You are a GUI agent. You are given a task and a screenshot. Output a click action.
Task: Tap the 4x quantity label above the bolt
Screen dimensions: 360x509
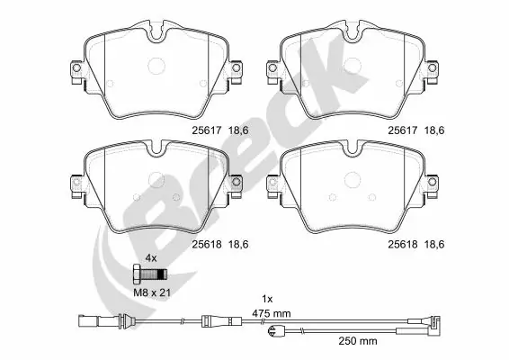(x=151, y=257)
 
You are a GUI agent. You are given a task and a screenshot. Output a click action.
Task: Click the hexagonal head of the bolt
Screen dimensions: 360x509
(x=136, y=272)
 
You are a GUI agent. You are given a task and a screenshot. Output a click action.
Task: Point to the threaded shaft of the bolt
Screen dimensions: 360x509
(x=154, y=272)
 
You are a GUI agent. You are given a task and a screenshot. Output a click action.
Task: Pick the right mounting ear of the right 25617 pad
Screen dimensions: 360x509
(x=434, y=69)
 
